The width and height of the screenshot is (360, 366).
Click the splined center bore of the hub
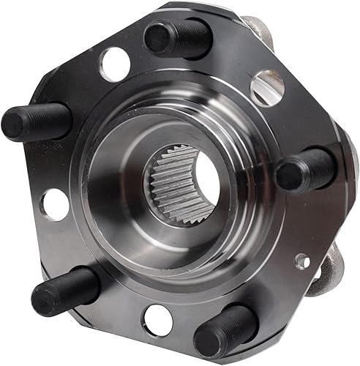point(186,192)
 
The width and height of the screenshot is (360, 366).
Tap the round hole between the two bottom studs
point(158,319)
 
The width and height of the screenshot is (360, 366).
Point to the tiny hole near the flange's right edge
point(301,259)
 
